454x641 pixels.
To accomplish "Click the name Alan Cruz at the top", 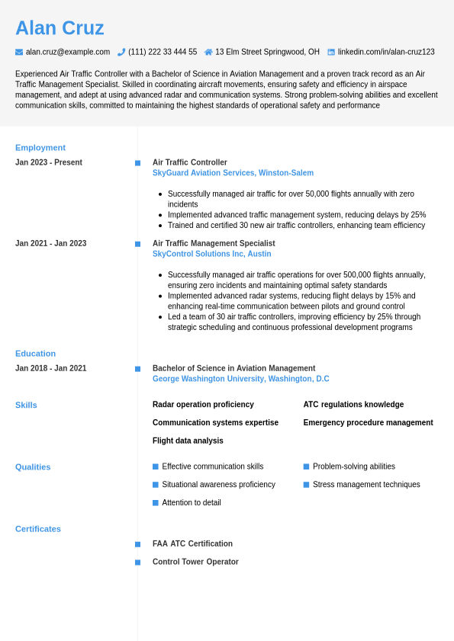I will [x=60, y=28].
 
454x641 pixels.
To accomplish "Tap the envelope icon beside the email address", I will [x=19, y=52].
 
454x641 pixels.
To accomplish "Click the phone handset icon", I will [x=121, y=52].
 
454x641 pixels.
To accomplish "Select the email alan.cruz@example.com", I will [x=68, y=52].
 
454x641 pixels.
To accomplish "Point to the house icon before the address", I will [x=208, y=52].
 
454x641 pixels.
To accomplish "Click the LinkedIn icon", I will [x=331, y=52].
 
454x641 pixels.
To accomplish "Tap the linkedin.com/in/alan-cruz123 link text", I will [x=386, y=52].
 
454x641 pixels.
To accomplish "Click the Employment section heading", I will [x=40, y=148].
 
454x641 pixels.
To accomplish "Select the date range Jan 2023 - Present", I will [x=49, y=162].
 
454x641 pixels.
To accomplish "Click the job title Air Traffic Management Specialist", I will [x=214, y=243].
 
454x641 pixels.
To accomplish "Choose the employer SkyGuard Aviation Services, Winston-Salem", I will [x=233, y=173].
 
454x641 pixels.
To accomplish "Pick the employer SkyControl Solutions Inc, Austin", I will [x=211, y=254].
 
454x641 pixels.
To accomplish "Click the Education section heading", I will [x=35, y=354].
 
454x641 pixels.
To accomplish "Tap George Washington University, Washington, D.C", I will [x=240, y=379].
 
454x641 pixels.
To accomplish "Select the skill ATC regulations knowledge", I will [x=353, y=405].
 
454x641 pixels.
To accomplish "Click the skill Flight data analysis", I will [x=188, y=441].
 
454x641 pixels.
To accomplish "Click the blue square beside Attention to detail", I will [x=156, y=503].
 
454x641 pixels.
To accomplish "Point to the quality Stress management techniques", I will [x=366, y=485].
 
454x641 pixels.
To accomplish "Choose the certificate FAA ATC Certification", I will [x=192, y=543].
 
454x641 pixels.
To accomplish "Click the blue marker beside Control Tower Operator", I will [x=137, y=562].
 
